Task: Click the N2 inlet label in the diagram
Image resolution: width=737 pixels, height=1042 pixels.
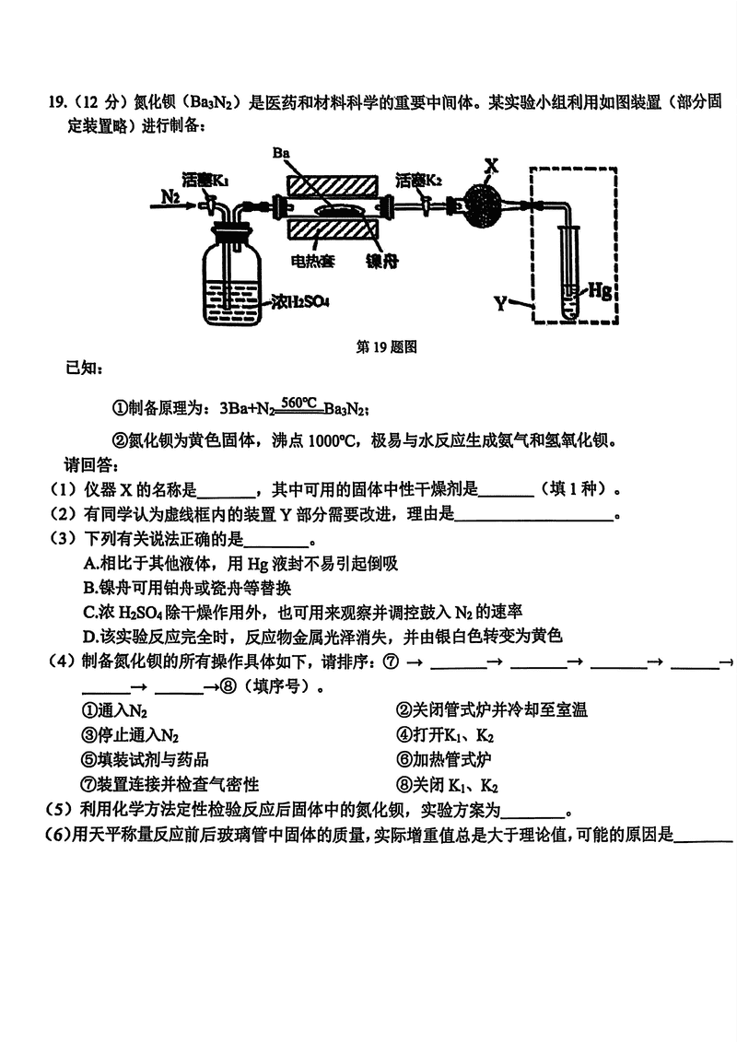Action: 170,196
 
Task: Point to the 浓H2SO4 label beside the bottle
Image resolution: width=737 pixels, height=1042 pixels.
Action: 301,301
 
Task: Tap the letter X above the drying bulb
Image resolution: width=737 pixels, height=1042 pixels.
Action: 491,166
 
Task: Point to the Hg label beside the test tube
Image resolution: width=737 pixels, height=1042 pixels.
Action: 600,291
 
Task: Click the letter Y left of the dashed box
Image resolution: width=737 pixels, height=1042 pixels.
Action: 501,301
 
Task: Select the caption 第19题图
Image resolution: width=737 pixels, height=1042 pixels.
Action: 387,347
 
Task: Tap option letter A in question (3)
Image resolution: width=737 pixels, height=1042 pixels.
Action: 89,564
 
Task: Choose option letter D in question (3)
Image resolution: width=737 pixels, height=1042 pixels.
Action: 89,636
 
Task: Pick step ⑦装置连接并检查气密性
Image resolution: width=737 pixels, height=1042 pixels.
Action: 170,784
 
